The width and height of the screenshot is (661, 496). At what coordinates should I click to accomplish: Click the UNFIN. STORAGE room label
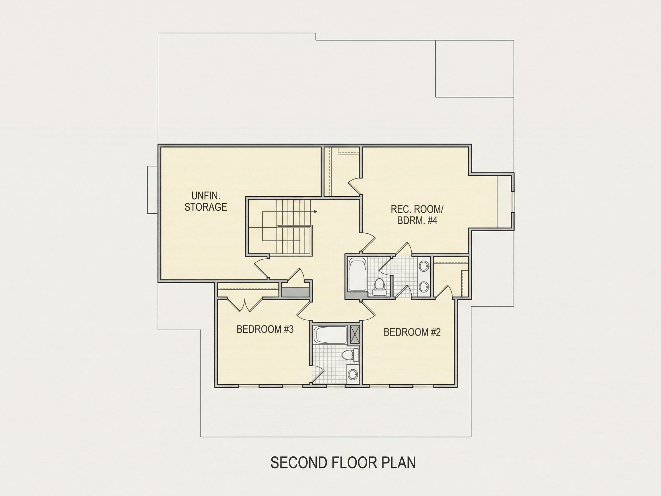[x=206, y=201]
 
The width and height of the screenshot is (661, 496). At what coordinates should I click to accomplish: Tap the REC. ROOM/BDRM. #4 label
[x=417, y=215]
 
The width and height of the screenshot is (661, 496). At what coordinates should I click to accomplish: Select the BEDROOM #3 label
[x=265, y=330]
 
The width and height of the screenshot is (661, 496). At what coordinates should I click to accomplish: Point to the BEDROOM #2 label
[x=412, y=332]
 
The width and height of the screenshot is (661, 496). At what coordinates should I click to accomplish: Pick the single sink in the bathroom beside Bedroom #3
[x=353, y=374]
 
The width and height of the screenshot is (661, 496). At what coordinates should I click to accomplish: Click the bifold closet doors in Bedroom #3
[x=245, y=304]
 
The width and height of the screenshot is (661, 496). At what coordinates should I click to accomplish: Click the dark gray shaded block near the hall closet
[x=295, y=292]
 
